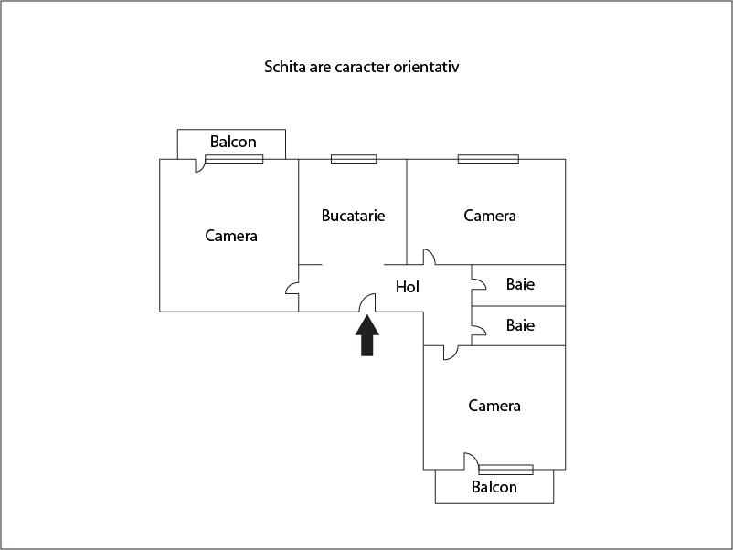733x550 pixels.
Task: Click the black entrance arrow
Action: pos(367,336)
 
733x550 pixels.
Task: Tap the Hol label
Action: pos(408,287)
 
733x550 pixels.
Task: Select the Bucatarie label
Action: pos(353,216)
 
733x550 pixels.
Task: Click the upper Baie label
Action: pos(520,284)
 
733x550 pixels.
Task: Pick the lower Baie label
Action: pos(520,325)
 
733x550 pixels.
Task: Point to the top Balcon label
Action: pos(233,142)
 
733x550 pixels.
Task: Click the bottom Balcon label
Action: pos(494,487)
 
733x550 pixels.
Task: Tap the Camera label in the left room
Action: pos(231,236)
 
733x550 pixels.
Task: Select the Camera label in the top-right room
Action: pos(490,216)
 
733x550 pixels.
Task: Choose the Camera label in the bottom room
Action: pos(494,406)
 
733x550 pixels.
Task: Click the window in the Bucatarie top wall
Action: pos(354,159)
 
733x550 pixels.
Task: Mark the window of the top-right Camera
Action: pos(488,159)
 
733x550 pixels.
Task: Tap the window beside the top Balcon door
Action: pos(234,159)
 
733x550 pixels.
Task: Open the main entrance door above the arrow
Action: pos(367,302)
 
